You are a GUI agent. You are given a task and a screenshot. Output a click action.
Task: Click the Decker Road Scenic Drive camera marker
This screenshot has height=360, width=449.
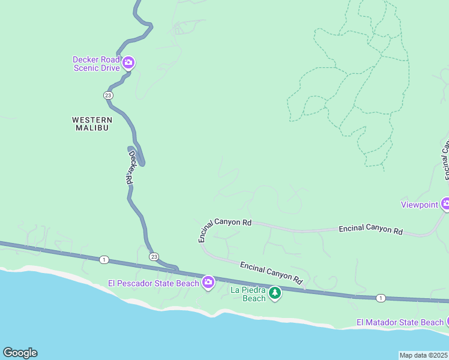coord(128,62)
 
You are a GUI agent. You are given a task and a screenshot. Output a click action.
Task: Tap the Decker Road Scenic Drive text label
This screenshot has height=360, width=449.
coord(97,64)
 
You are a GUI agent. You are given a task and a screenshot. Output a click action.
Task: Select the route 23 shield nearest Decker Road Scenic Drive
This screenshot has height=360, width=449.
coord(107,95)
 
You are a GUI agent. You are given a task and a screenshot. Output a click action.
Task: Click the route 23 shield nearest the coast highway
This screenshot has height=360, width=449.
coord(154,256)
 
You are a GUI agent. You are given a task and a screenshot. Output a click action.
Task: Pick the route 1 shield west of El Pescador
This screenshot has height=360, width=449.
coord(104,259)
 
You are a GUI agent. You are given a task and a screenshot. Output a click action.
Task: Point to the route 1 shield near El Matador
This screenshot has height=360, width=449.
coord(380,298)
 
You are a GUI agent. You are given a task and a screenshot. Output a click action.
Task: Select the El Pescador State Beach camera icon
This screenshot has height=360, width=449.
coord(208,282)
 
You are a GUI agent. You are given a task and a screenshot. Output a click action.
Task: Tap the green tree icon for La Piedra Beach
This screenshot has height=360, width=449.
coord(274,293)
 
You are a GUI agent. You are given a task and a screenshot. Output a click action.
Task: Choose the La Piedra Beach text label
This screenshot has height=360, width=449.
coord(248,294)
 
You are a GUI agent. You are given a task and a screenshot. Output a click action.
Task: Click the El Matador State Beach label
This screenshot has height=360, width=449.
coord(399,322)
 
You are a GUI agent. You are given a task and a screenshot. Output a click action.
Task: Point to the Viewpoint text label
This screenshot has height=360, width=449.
coord(420,205)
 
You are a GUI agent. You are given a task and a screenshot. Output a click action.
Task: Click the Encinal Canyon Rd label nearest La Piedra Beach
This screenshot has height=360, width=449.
coord(271,272)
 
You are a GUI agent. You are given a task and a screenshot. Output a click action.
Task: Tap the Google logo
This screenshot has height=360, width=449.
coord(20,353)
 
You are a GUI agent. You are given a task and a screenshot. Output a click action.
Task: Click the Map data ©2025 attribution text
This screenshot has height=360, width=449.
coord(423,355)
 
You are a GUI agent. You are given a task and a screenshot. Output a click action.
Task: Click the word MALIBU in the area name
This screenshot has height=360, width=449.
coord(91,128)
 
